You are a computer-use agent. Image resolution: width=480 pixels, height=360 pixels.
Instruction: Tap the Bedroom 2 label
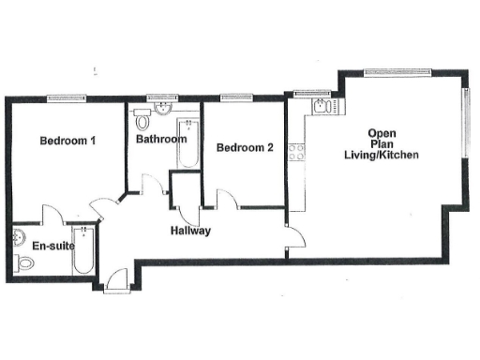(x=245, y=147)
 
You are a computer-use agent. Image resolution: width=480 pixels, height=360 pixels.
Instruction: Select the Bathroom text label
(x=160, y=140)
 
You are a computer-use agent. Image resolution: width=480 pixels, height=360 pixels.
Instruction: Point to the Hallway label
(x=189, y=231)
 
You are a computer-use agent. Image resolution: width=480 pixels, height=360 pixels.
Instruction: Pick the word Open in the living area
(x=382, y=133)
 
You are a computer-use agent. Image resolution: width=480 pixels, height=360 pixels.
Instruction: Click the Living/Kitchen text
(x=381, y=156)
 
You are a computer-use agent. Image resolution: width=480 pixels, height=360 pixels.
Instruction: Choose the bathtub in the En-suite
(x=82, y=250)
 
